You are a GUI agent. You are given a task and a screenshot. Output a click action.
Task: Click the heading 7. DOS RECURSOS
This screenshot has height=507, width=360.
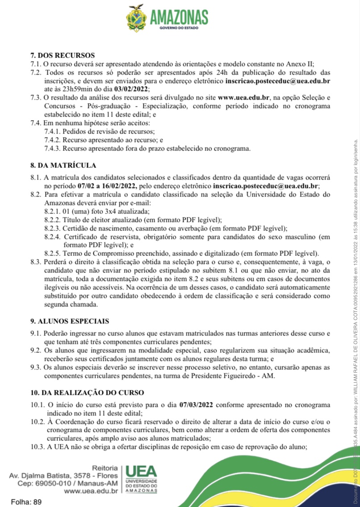pos(63,55)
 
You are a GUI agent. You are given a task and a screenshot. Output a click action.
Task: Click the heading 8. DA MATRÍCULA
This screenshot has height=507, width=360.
pos(63,165)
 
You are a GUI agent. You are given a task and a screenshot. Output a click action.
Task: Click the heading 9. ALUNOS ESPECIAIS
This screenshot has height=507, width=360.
pos(70,296)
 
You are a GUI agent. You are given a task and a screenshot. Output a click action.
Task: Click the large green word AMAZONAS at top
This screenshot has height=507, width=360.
pos(179,17)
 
